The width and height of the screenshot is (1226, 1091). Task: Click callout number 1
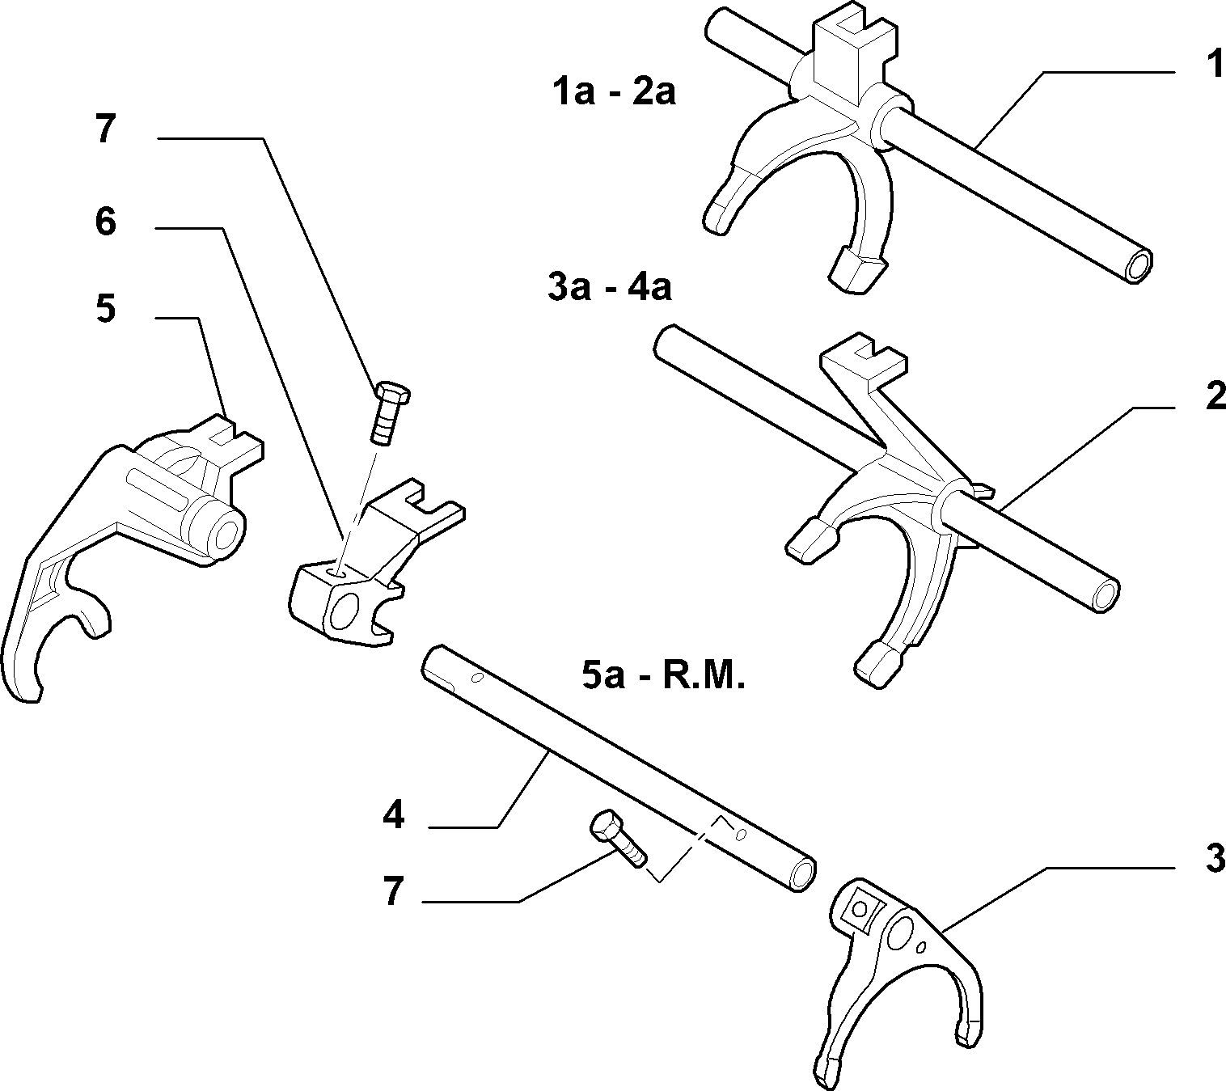(1213, 66)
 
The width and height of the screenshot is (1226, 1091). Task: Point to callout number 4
(393, 815)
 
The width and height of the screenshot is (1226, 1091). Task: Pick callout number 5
(105, 308)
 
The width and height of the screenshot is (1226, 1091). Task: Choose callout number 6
(105, 222)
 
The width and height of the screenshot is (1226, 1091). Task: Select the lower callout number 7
(393, 891)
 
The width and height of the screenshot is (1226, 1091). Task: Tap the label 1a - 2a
(614, 92)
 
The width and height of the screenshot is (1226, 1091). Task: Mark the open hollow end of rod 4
(802, 873)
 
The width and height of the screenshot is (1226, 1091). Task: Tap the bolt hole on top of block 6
(336, 571)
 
